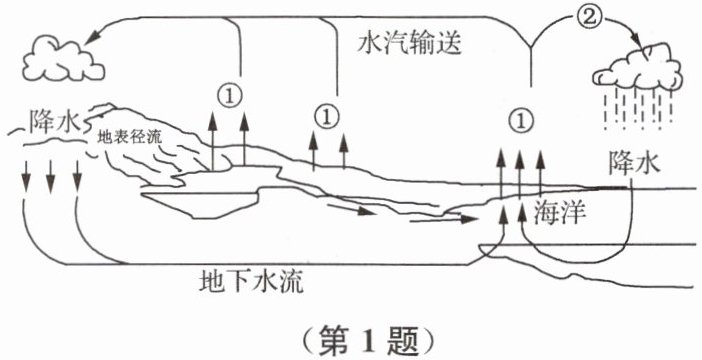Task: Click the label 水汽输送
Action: pyautogui.click(x=409, y=44)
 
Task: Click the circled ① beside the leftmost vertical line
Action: pyautogui.click(x=229, y=95)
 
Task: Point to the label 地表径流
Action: pyautogui.click(x=130, y=137)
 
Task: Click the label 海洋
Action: pyautogui.click(x=559, y=213)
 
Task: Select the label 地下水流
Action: pyautogui.click(x=251, y=282)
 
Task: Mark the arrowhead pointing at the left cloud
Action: pyautogui.click(x=92, y=38)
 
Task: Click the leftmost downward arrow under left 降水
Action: pyautogui.click(x=26, y=176)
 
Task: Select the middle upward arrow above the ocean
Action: pyautogui.click(x=519, y=174)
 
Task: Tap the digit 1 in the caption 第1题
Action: pyautogui.click(x=370, y=341)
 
